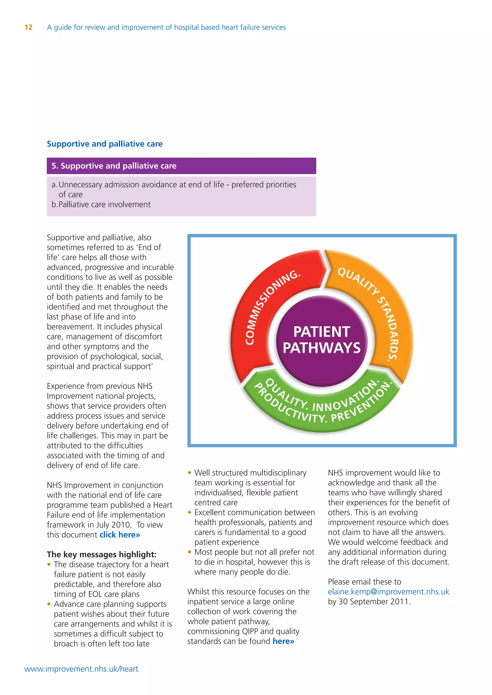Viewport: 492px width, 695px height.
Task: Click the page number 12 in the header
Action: tap(29, 28)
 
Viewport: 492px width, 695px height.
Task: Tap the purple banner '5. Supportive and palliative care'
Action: tap(181, 166)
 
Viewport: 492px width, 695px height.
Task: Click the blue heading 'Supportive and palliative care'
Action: tap(105, 144)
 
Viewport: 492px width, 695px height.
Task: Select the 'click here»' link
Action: tap(120, 535)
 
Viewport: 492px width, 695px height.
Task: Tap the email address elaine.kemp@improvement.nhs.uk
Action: tap(388, 592)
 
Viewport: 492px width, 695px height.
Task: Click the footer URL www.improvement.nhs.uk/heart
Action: tap(81, 669)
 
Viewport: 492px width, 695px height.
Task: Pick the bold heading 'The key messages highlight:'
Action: tap(101, 555)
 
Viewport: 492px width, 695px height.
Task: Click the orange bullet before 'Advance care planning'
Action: tap(49, 604)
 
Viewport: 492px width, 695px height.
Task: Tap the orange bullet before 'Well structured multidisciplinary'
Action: tap(190, 473)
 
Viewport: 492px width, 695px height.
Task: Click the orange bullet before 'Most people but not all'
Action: tap(190, 552)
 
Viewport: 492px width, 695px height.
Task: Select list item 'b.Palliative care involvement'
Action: tap(101, 205)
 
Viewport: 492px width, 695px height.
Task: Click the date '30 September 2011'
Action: tap(374, 601)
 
